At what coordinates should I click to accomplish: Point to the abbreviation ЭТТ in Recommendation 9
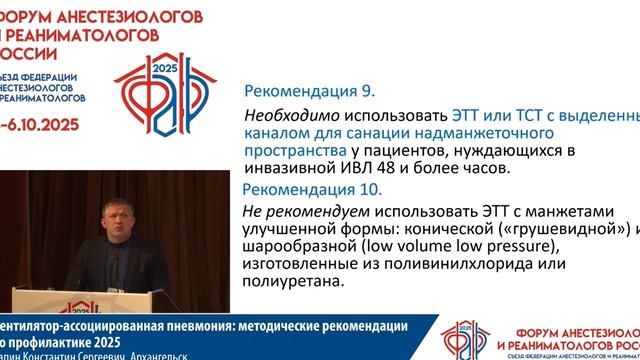(470, 116)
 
